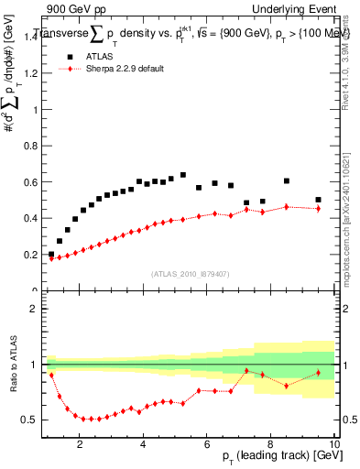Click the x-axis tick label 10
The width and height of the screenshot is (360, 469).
point(334,445)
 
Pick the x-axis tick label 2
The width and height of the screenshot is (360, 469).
point(81,445)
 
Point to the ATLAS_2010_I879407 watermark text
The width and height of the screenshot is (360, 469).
point(190,272)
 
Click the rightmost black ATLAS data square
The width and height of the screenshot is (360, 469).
point(318,200)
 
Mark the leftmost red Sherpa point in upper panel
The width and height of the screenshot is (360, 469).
point(51,258)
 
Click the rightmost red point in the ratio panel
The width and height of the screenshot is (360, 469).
point(318,372)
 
